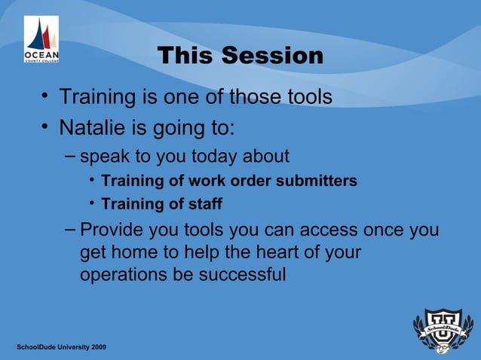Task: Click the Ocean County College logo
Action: [x=41, y=39]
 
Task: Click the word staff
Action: [x=206, y=204]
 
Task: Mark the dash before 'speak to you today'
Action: [x=69, y=155]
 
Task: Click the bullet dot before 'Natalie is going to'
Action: [x=46, y=127]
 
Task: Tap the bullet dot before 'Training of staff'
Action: [x=91, y=203]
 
